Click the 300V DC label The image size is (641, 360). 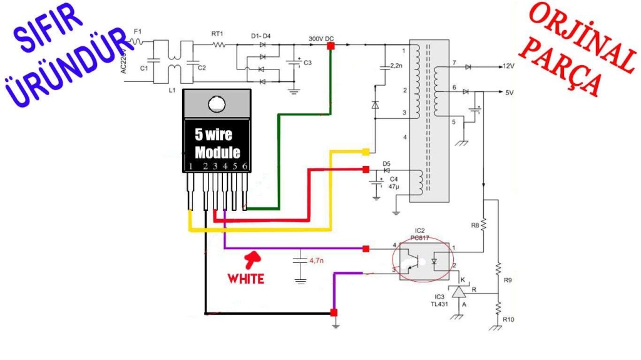(x=321, y=38)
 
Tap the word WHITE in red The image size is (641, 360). (x=246, y=278)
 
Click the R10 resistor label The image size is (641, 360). (x=509, y=320)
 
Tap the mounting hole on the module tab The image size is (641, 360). (x=217, y=103)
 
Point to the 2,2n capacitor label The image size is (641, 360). (x=396, y=65)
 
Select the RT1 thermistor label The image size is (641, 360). (x=217, y=34)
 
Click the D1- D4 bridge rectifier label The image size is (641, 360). (x=261, y=36)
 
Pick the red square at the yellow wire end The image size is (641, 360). (x=365, y=152)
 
